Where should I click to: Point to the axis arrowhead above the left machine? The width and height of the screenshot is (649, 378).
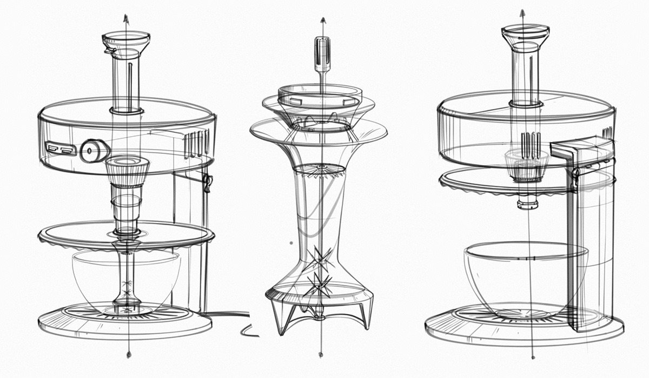click(127, 17)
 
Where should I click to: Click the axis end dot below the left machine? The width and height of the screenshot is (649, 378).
click(128, 355)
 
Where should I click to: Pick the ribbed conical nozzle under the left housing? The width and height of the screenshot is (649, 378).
click(127, 170)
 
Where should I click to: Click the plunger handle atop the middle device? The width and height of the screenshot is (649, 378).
click(321, 53)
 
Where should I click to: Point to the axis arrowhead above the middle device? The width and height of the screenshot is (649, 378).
click(322, 21)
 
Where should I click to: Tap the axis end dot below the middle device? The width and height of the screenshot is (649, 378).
click(321, 355)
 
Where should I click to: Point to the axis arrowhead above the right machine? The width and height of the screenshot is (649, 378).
click(522, 12)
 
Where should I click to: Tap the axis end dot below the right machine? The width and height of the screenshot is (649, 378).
click(533, 356)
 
